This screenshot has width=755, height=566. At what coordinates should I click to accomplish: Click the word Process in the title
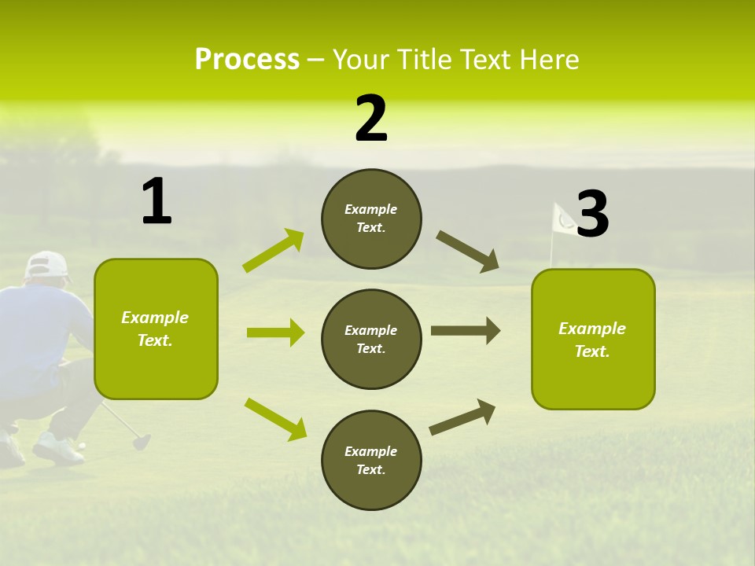pyautogui.click(x=247, y=60)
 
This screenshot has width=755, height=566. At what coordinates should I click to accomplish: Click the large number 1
pyautogui.click(x=157, y=202)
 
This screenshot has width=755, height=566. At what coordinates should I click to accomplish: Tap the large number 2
pyautogui.click(x=371, y=119)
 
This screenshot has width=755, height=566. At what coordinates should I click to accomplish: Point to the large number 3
pyautogui.click(x=592, y=215)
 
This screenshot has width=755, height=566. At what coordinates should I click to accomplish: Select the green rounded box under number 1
pyautogui.click(x=156, y=329)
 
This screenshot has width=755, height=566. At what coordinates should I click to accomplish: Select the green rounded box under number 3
pyautogui.click(x=593, y=339)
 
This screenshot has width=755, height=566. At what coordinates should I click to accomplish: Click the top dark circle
pyautogui.click(x=371, y=219)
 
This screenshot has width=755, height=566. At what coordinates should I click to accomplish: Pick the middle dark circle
pyautogui.click(x=371, y=339)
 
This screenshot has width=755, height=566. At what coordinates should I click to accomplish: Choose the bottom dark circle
pyautogui.click(x=371, y=460)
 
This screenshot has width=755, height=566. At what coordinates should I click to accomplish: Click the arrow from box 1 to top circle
pyautogui.click(x=274, y=251)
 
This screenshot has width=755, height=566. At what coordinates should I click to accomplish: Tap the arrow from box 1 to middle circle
pyautogui.click(x=275, y=333)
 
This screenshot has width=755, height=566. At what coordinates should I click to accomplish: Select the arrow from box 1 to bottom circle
pyautogui.click(x=275, y=418)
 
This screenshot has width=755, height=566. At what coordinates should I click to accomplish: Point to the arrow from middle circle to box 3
pyautogui.click(x=466, y=331)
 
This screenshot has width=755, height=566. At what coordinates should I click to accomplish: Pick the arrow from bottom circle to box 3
pyautogui.click(x=462, y=417)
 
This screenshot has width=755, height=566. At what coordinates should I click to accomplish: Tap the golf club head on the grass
pyautogui.click(x=141, y=441)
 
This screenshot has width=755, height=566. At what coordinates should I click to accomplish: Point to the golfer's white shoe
pyautogui.click(x=57, y=450)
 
